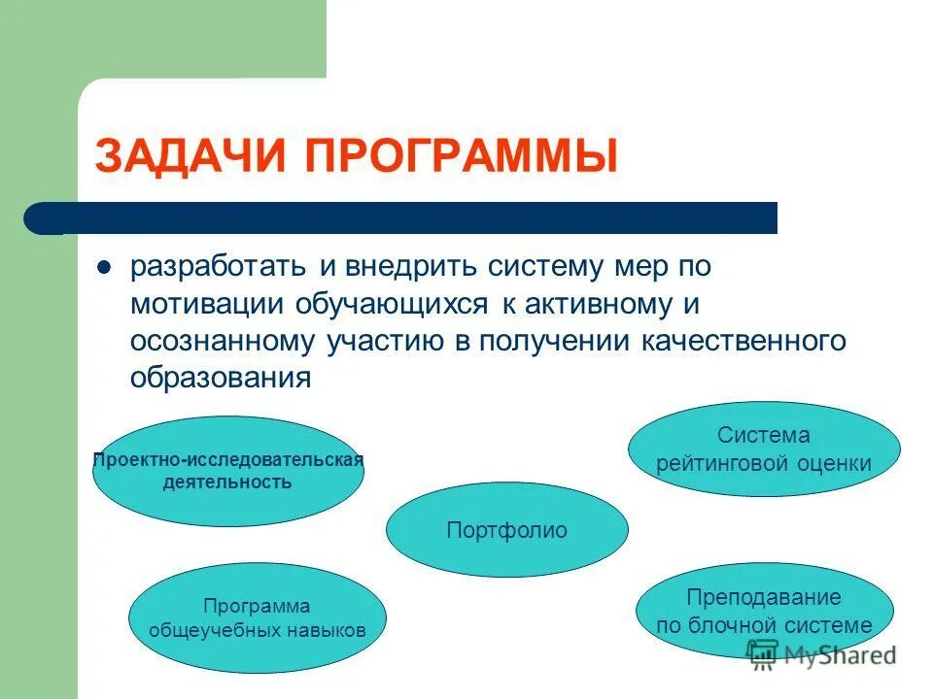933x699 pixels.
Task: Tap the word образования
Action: tap(221, 378)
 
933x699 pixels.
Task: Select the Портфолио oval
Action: tap(506, 530)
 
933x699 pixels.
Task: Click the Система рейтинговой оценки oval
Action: tap(764, 449)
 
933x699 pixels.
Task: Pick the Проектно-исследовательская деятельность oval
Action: tap(227, 471)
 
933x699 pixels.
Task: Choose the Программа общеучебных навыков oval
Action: tap(258, 618)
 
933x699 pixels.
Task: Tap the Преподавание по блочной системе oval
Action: tap(764, 612)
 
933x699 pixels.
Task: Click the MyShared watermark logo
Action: tap(821, 654)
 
